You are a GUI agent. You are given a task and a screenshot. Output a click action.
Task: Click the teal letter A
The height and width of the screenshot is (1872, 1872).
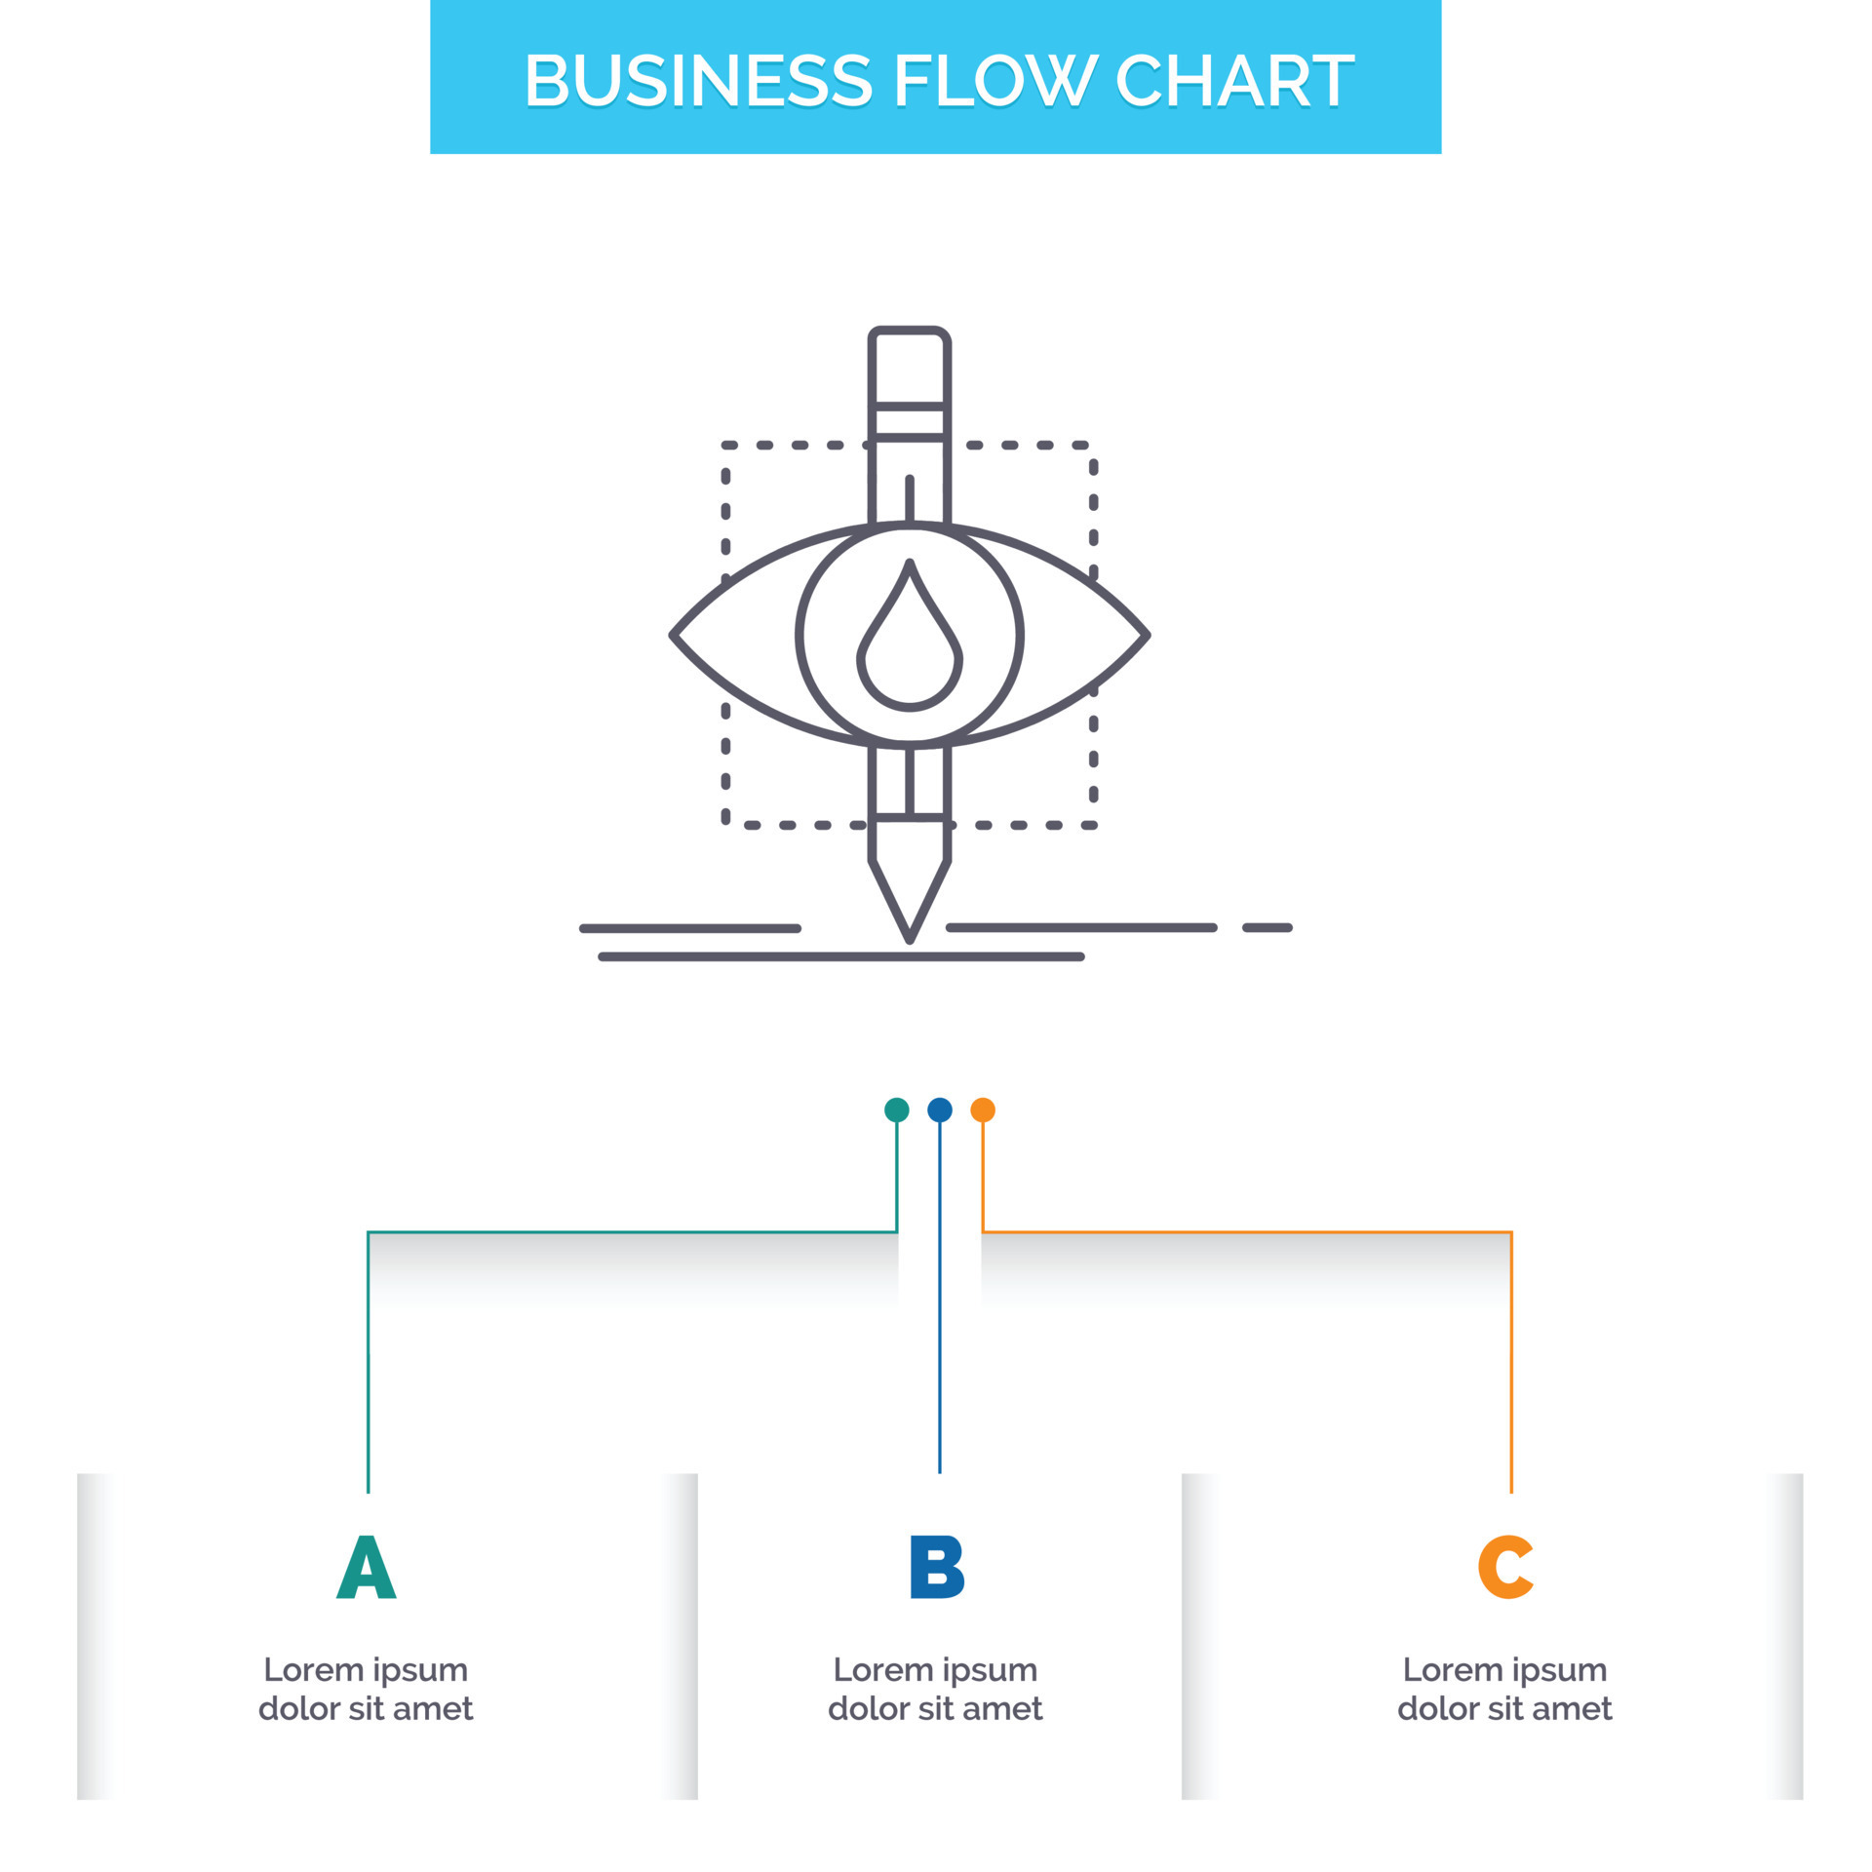coord(367,1567)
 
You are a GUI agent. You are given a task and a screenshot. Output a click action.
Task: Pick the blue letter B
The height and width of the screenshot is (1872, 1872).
coord(936,1567)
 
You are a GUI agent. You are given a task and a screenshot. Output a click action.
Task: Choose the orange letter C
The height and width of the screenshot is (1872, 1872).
coord(1505,1567)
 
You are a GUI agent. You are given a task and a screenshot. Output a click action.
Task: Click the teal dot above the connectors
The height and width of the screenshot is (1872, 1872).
coord(896,1110)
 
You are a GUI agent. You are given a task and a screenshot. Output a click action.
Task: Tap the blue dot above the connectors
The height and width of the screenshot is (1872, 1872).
coord(940,1110)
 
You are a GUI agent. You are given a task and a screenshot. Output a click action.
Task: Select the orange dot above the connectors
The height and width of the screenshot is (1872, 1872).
coord(983,1110)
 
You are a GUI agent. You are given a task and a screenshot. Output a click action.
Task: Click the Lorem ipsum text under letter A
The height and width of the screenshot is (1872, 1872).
coord(366,1689)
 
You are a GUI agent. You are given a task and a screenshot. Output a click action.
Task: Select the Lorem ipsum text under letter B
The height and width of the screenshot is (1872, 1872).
coord(935,1689)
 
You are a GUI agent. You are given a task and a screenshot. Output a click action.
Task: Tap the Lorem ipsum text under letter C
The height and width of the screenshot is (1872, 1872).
coord(1504,1689)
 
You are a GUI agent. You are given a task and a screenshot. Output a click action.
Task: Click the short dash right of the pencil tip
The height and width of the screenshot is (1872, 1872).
coord(1267,927)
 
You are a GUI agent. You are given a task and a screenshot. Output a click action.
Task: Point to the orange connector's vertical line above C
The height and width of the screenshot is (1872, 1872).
coord(1511,1365)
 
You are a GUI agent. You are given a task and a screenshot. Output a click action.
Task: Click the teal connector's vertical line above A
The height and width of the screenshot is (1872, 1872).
coord(368,1365)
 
